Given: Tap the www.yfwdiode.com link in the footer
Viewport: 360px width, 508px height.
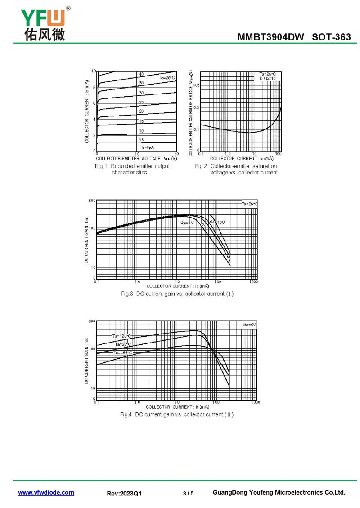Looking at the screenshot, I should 46,493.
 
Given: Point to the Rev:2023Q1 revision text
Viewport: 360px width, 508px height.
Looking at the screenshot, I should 124,493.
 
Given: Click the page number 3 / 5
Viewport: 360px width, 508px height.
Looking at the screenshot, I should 189,493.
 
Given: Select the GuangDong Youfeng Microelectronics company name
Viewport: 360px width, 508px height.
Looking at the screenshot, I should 279,493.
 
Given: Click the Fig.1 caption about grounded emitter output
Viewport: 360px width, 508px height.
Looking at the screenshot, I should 132,169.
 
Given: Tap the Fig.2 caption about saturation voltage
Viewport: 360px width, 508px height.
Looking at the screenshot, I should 236,169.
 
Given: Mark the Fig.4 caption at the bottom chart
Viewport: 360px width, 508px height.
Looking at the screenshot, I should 177,414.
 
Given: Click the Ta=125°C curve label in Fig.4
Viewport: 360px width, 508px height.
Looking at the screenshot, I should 121,336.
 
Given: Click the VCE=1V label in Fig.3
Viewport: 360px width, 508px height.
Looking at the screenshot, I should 187,223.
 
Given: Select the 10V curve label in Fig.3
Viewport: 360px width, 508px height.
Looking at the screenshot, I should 221,223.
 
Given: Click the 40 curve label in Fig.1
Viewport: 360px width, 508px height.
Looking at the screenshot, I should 141,74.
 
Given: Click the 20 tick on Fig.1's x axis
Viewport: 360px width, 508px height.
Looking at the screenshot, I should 176,154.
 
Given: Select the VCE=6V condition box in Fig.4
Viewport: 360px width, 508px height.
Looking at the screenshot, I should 249,324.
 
